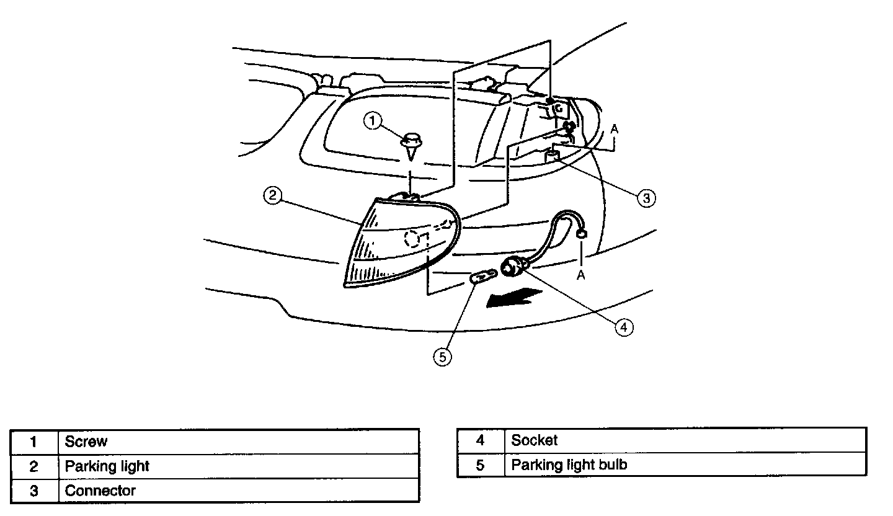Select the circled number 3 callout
point(646,198)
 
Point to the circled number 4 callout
point(624,327)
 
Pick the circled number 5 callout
point(443,357)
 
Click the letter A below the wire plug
point(581,275)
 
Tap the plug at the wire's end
point(582,234)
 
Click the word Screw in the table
point(86,442)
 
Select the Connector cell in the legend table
point(100,491)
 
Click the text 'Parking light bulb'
point(569,465)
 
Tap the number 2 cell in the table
point(35,466)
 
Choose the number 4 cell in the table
point(481,440)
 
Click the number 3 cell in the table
point(35,491)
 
